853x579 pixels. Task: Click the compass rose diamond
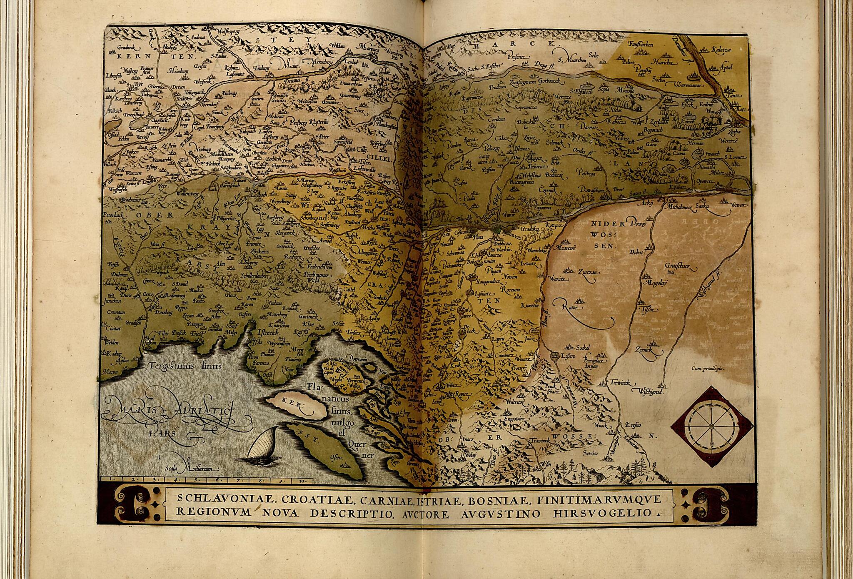712,426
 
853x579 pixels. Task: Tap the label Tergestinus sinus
186,366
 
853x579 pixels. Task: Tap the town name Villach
110,164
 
